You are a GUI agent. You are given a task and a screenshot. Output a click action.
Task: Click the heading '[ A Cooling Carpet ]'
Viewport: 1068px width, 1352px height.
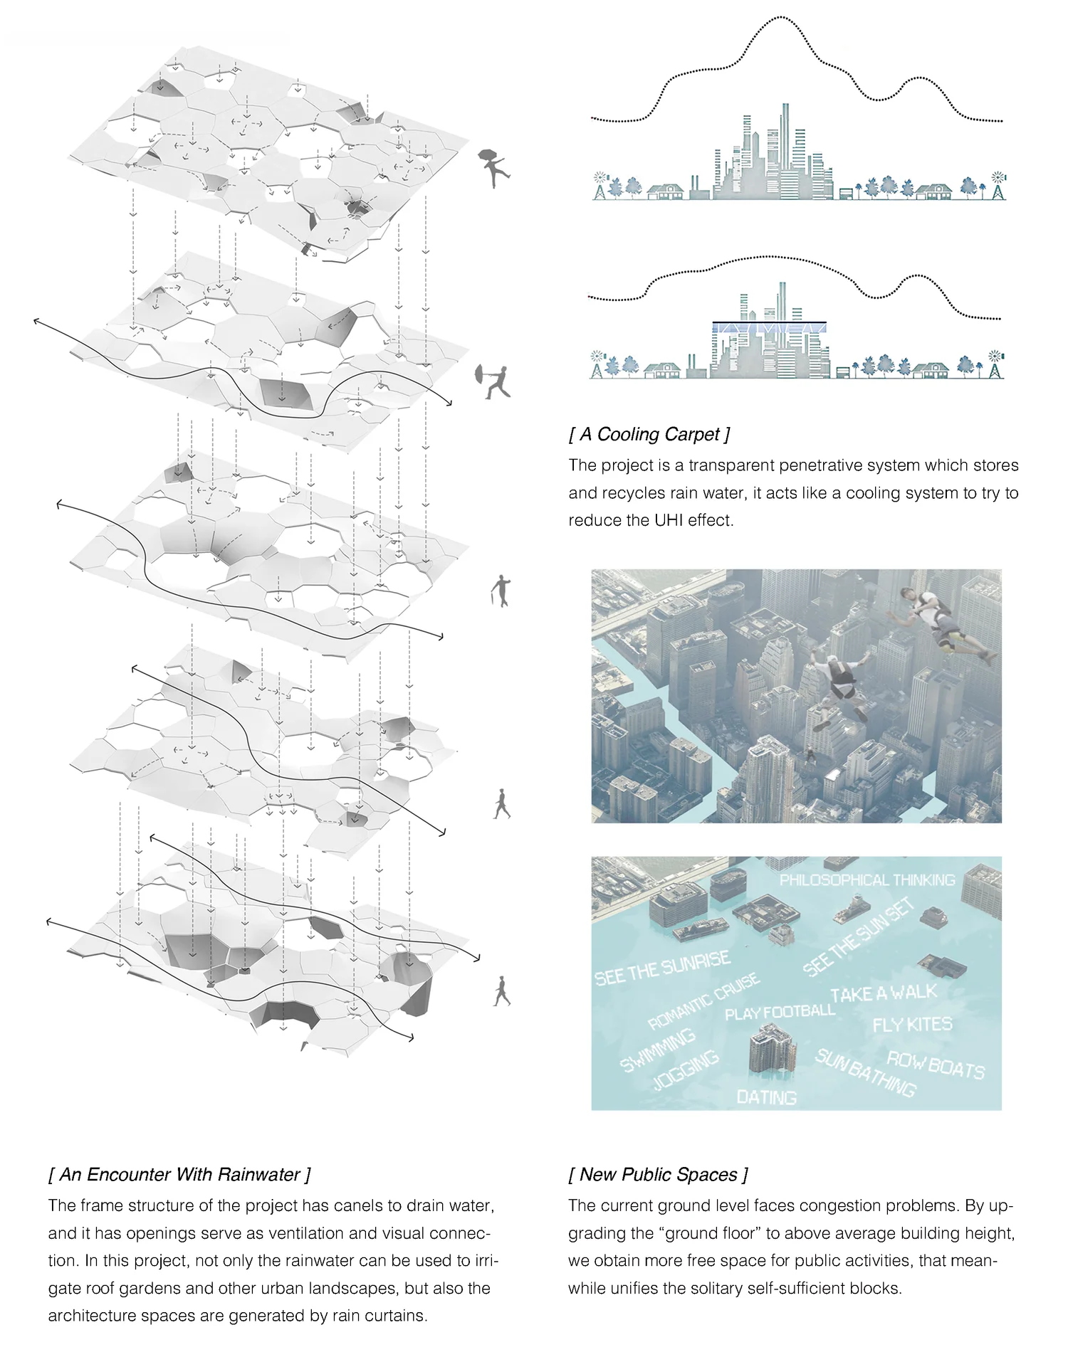(649, 434)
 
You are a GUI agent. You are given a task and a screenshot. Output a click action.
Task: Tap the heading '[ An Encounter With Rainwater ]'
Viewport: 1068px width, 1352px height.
(179, 1175)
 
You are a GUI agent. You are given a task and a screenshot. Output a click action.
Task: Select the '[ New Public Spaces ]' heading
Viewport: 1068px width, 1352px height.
(658, 1175)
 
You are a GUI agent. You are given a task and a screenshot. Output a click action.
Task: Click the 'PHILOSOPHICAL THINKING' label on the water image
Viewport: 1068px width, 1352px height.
(867, 880)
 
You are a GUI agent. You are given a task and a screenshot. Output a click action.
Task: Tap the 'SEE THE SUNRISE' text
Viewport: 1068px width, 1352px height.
(662, 968)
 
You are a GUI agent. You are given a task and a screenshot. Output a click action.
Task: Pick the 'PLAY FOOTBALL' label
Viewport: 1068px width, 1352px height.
(780, 1011)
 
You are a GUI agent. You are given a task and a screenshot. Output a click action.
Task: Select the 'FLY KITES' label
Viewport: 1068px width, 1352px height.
(912, 1025)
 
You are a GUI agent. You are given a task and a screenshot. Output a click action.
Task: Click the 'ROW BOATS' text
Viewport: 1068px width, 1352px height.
(936, 1065)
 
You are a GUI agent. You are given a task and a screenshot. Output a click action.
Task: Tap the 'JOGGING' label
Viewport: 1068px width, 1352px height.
(686, 1070)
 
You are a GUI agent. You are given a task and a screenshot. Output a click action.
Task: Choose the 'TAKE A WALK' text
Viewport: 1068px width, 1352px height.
(883, 993)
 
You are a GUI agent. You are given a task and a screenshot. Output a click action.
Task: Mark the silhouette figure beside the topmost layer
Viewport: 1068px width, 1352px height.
(493, 168)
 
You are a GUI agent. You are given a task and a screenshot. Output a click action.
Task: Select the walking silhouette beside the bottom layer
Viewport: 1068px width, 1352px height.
(502, 991)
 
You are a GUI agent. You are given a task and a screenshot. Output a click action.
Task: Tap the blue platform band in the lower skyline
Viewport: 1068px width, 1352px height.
(769, 328)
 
